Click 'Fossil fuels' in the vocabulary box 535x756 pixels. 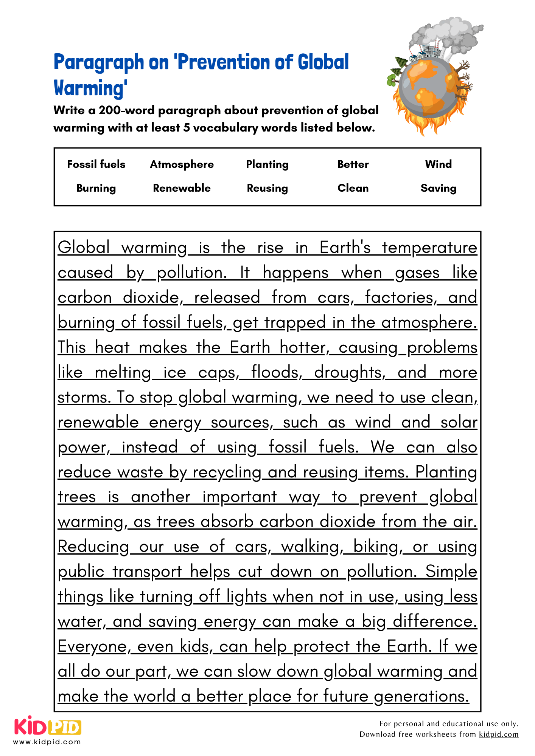(x=96, y=164)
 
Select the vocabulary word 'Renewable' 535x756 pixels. (x=182, y=188)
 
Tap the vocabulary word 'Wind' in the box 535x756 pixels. (x=438, y=164)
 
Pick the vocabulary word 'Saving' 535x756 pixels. (x=438, y=188)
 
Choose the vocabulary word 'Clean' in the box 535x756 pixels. (x=353, y=188)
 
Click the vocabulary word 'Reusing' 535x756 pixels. (x=267, y=188)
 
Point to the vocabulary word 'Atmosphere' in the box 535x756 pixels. (x=182, y=164)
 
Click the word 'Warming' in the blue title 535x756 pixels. (x=90, y=88)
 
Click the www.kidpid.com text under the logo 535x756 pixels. (x=47, y=742)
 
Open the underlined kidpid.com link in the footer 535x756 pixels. (x=498, y=734)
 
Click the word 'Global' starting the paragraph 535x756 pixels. (x=84, y=248)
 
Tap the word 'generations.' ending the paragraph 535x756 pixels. (x=421, y=696)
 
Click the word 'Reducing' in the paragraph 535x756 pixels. (x=93, y=547)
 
